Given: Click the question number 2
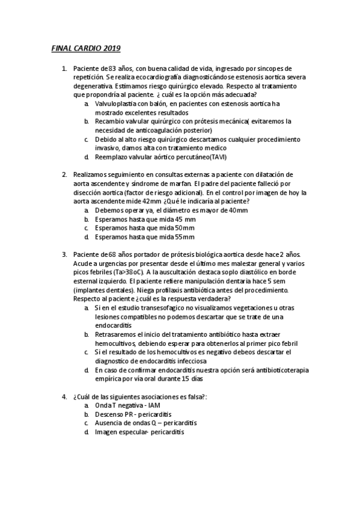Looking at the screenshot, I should [x=64, y=174].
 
